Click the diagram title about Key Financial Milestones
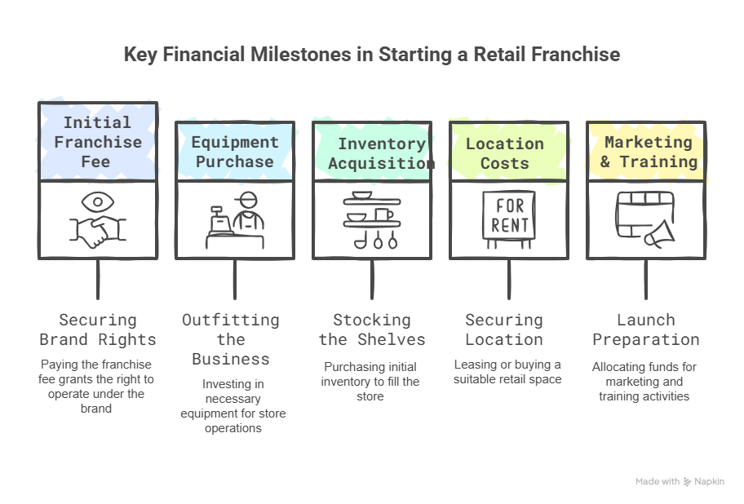(x=371, y=55)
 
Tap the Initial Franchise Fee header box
(x=98, y=142)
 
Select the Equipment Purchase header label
(x=234, y=152)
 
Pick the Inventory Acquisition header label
(x=382, y=153)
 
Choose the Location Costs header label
(x=504, y=153)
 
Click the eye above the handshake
(x=99, y=201)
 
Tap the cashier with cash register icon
(x=235, y=221)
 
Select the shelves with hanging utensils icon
(x=371, y=220)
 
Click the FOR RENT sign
(x=508, y=217)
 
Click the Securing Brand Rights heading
(x=98, y=329)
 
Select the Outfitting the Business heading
(x=231, y=339)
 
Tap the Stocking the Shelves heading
(x=372, y=329)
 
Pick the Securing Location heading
(x=503, y=329)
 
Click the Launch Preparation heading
(x=645, y=329)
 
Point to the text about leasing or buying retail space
(x=507, y=371)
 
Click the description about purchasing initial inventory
(x=371, y=381)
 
